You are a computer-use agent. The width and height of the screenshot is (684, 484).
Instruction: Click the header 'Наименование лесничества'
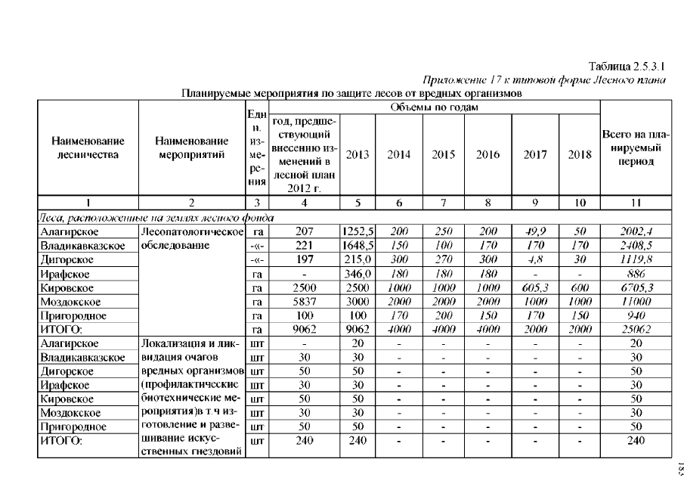(x=87, y=147)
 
